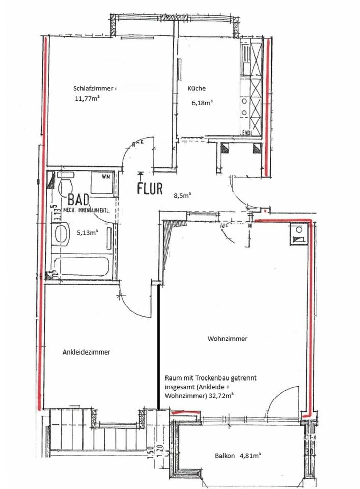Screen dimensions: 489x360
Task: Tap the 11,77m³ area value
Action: pyautogui.click(x=87, y=100)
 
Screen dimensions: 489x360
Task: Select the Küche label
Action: pyautogui.click(x=197, y=88)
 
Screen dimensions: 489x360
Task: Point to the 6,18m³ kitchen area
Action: pyautogui.click(x=202, y=102)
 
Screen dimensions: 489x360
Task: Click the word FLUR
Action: pyautogui.click(x=150, y=188)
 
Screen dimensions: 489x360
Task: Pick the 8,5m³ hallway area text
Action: pyautogui.click(x=181, y=195)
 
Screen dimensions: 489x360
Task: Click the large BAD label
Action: pyautogui.click(x=78, y=197)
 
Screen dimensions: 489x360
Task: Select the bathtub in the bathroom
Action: pyautogui.click(x=81, y=268)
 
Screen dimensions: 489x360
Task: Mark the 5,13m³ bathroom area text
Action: pyautogui.click(x=87, y=233)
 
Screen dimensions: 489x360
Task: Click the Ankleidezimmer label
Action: pyautogui.click(x=87, y=352)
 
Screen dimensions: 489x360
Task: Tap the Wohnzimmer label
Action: pyautogui.click(x=228, y=339)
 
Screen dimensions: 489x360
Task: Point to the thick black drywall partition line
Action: pyautogui.click(x=159, y=346)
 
